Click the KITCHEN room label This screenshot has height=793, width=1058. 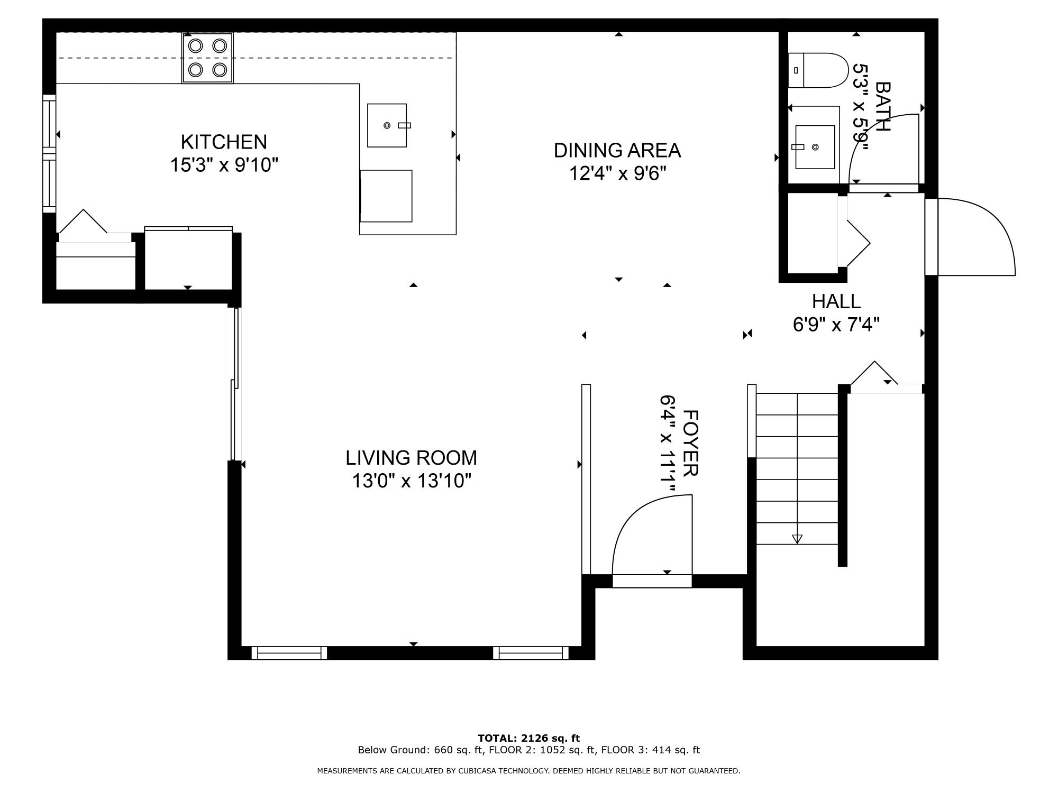click(224, 142)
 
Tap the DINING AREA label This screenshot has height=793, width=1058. click(617, 151)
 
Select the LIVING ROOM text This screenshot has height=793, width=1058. click(411, 458)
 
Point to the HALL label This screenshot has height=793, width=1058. click(836, 301)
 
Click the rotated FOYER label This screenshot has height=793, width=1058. click(691, 443)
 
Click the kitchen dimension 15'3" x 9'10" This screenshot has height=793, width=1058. click(224, 165)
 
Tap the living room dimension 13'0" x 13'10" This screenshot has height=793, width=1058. click(412, 481)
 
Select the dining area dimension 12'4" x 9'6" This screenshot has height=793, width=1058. click(617, 173)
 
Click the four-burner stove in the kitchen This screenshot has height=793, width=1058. click(207, 58)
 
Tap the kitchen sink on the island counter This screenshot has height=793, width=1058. click(387, 125)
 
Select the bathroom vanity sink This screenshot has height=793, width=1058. click(815, 147)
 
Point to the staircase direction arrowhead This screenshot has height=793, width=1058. click(797, 539)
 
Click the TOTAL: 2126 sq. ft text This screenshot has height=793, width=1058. click(528, 738)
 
